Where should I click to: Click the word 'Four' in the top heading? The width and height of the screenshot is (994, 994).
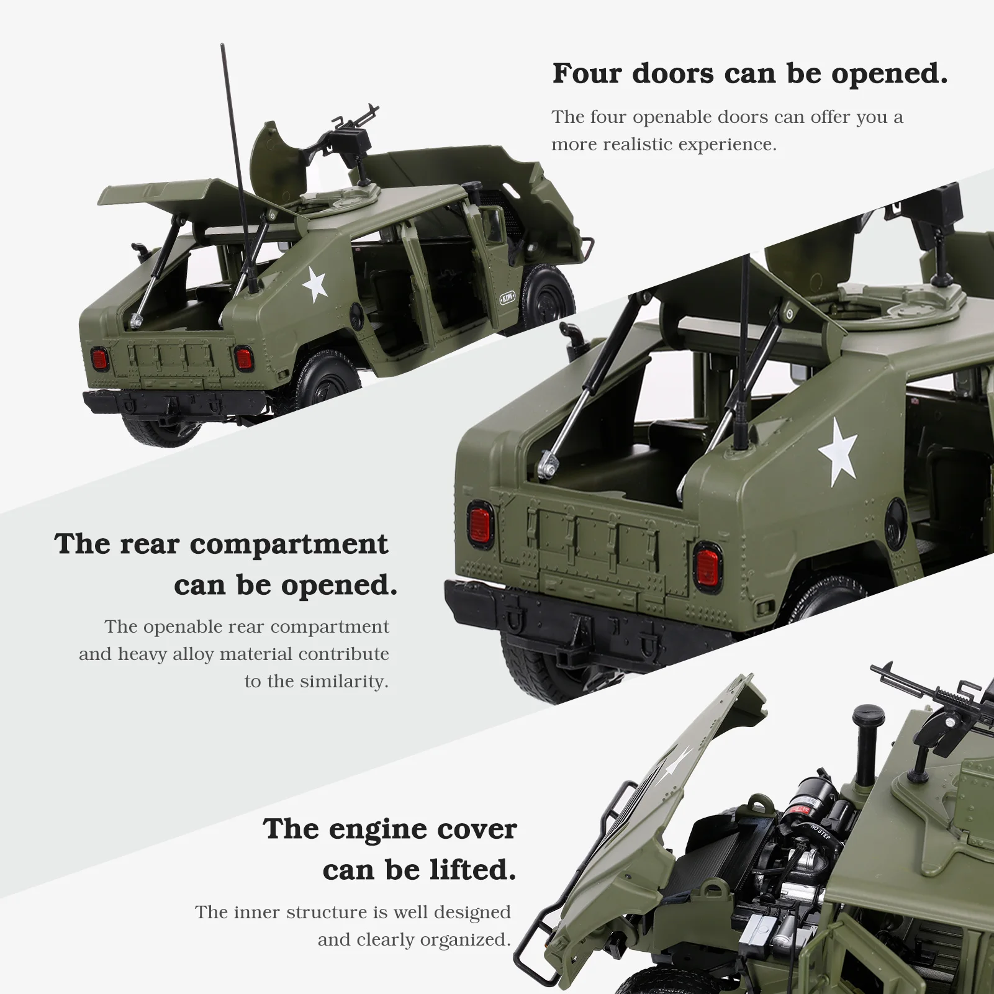click(x=586, y=73)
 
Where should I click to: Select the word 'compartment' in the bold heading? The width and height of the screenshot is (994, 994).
click(x=289, y=544)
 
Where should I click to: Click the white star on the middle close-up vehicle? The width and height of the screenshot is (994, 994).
click(x=838, y=451)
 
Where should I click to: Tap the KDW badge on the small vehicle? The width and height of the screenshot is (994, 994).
click(x=507, y=298)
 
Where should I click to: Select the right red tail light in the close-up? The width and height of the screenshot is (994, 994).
click(x=707, y=566)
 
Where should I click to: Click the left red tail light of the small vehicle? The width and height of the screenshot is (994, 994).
click(x=99, y=359)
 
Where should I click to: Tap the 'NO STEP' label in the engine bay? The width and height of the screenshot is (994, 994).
click(x=820, y=831)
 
